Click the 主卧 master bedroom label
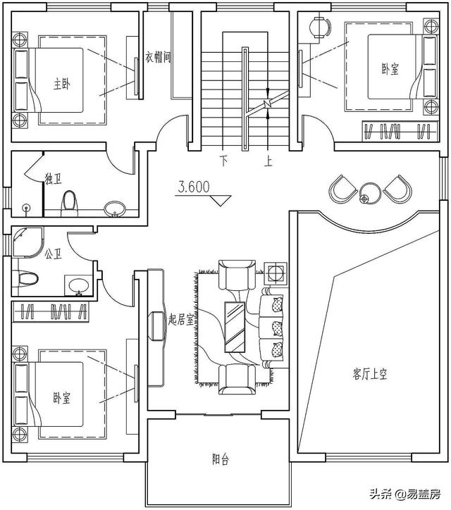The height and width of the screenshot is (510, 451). coord(61,83)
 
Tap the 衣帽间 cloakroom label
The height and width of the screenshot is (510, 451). coord(158,57)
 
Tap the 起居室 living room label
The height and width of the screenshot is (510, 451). coord(182,319)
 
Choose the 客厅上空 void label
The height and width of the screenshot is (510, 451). coord(370,375)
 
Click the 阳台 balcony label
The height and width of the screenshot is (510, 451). coord(221,459)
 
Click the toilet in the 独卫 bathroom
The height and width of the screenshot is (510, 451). coord(69,202)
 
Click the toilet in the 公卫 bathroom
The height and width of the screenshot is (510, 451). coord(27,278)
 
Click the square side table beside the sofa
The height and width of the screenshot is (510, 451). coord(275,272)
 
